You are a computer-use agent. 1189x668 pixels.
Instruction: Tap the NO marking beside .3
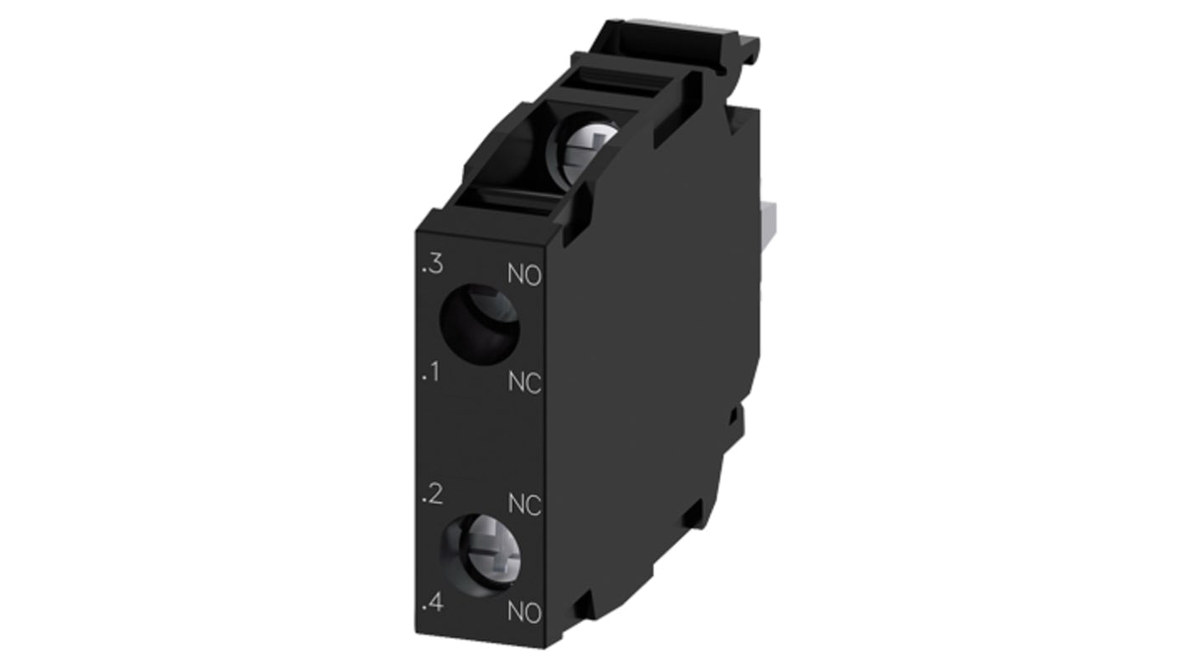(x=525, y=275)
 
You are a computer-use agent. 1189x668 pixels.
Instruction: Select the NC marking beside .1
(x=525, y=383)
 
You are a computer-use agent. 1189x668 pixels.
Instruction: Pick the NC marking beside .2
(x=525, y=506)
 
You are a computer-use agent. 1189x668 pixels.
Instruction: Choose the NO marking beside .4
(x=525, y=612)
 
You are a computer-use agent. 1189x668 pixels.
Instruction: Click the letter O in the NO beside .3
(x=533, y=275)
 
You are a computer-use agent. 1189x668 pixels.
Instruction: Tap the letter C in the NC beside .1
(x=533, y=383)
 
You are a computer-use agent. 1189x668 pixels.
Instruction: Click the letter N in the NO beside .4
(x=517, y=612)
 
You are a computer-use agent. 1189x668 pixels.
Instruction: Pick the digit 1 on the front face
(x=435, y=372)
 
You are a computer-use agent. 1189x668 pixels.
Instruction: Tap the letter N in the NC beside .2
(x=517, y=506)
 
